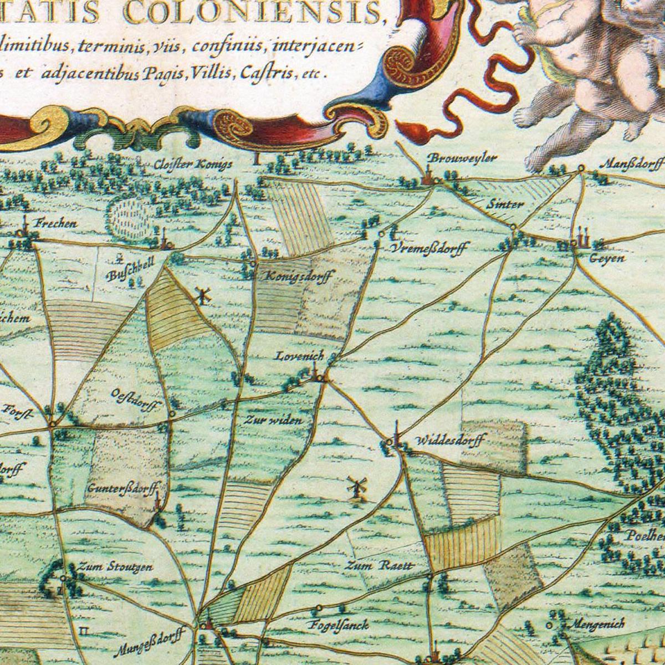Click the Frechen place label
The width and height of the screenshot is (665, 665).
(55, 224)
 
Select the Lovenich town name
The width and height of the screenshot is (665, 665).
(299, 356)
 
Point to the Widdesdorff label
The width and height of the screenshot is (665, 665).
(450, 442)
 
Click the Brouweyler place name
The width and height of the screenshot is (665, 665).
(462, 158)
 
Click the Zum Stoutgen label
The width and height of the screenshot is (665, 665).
(115, 566)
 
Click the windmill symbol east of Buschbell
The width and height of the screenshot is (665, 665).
(203, 296)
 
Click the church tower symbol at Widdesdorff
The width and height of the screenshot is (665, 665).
(396, 434)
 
